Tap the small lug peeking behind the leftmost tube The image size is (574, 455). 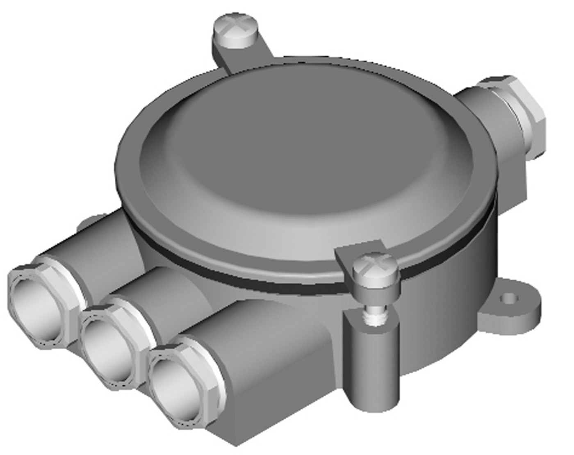point(92,221)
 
